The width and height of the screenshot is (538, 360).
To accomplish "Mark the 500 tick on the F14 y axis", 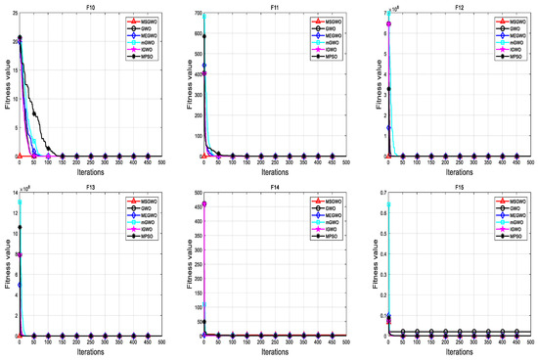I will [x=193, y=194].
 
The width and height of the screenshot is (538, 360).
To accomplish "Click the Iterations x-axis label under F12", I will [x=457, y=171].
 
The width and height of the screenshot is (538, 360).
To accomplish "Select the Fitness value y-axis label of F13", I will [x=6, y=264].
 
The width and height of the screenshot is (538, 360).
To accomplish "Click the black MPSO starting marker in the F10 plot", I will [x=20, y=38].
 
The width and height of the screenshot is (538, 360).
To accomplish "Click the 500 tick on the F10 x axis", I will [x=161, y=162].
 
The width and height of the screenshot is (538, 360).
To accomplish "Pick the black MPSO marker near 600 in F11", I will [x=204, y=36].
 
